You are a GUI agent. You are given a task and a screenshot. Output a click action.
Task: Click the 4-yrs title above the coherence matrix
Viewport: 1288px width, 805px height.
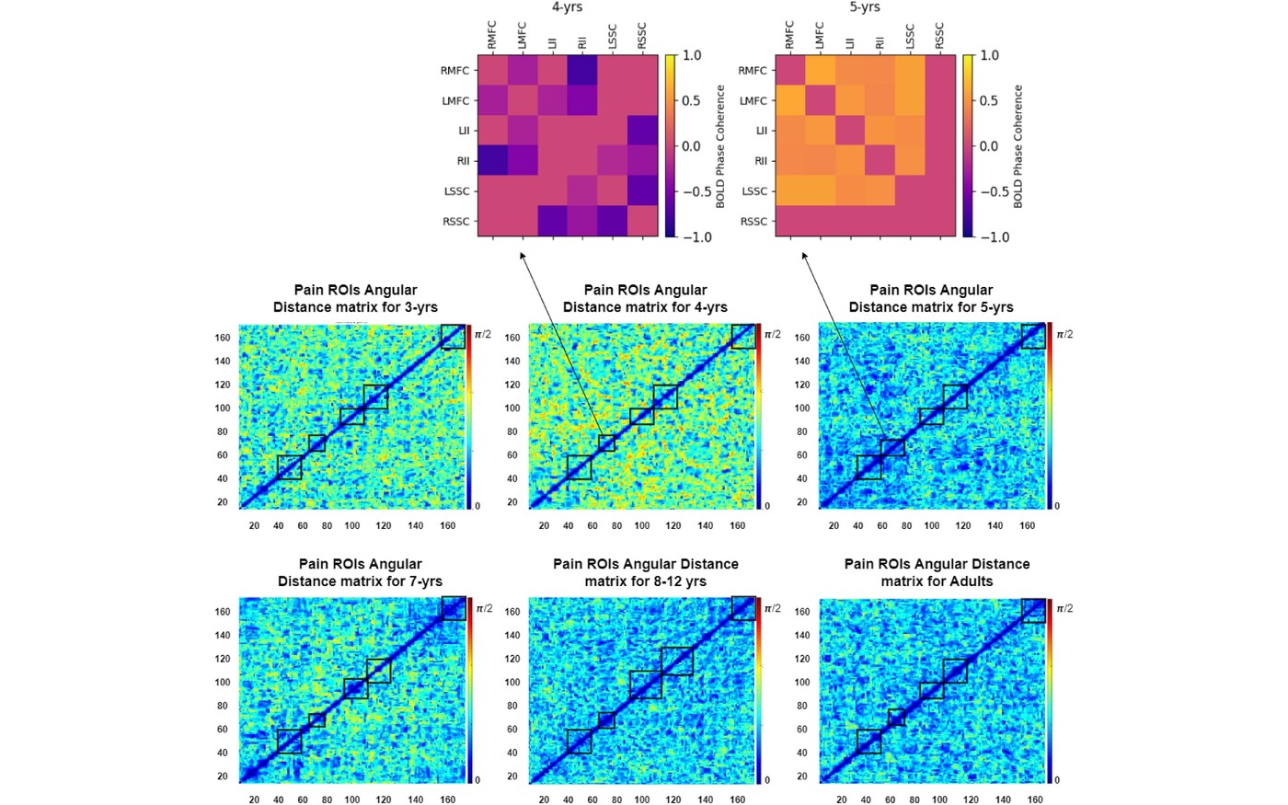(x=567, y=7)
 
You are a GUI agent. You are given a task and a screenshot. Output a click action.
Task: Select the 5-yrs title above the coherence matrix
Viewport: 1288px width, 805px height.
(x=865, y=7)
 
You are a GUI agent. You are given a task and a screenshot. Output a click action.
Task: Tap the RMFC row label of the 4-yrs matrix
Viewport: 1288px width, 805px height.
(x=454, y=71)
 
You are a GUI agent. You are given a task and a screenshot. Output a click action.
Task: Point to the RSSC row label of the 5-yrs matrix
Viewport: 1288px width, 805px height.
(x=753, y=222)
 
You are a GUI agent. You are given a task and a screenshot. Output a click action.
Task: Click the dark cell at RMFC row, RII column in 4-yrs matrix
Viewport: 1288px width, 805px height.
(x=582, y=70)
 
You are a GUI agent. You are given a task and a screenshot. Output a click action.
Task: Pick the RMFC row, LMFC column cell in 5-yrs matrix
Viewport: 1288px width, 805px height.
(x=820, y=70)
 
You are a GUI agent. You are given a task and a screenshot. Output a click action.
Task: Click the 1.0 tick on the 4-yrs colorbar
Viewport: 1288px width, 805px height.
(x=692, y=56)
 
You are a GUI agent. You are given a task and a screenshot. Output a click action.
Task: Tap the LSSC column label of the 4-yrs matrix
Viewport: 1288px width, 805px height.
(x=612, y=36)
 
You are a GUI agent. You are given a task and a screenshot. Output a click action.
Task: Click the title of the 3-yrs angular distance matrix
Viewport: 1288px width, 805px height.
(x=355, y=298)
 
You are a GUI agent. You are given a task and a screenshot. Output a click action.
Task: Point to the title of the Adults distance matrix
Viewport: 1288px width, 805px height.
(x=937, y=572)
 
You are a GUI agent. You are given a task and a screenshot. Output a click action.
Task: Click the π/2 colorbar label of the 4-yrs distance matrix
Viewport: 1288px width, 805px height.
(x=772, y=334)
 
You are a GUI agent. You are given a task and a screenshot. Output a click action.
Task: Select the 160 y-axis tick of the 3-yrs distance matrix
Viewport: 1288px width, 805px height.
(x=223, y=338)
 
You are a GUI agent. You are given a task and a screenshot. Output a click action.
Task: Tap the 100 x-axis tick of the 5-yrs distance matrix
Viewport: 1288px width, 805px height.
(x=931, y=525)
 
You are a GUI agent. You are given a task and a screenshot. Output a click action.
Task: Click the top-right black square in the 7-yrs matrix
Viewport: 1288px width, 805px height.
(x=454, y=608)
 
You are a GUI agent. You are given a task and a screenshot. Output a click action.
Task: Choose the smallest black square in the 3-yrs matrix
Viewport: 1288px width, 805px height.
(x=316, y=443)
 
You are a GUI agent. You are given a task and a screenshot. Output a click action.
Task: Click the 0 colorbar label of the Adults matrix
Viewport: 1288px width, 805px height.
(x=1057, y=780)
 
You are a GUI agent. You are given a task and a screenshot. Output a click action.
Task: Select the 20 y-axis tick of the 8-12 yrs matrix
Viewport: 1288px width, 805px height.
(x=512, y=776)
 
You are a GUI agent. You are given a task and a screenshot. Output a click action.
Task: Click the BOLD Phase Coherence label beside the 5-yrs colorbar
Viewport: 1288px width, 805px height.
(x=1018, y=146)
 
